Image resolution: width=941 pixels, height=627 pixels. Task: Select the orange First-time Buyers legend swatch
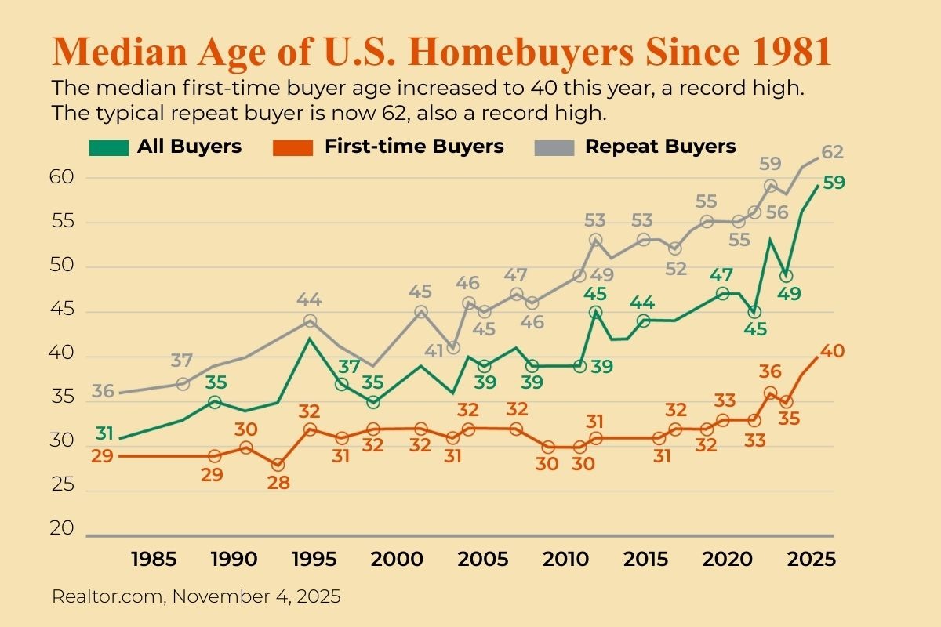tap(292, 147)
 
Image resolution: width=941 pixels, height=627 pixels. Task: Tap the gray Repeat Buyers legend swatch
tap(553, 147)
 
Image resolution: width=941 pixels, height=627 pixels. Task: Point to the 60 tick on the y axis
tap(63, 178)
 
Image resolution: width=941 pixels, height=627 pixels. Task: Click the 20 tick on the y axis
tap(63, 529)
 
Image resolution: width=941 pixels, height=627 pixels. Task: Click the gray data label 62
tap(833, 152)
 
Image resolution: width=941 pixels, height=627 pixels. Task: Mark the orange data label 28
tap(278, 483)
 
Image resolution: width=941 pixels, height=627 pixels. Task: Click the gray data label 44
tap(311, 299)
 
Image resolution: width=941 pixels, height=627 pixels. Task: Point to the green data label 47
tap(722, 275)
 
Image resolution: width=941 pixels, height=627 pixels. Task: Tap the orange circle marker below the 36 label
tap(770, 393)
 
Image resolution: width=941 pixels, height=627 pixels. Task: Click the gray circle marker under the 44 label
tap(311, 321)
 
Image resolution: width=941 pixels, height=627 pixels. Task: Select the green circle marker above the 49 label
tap(786, 276)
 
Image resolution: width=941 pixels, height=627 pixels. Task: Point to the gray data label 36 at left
tap(103, 390)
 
